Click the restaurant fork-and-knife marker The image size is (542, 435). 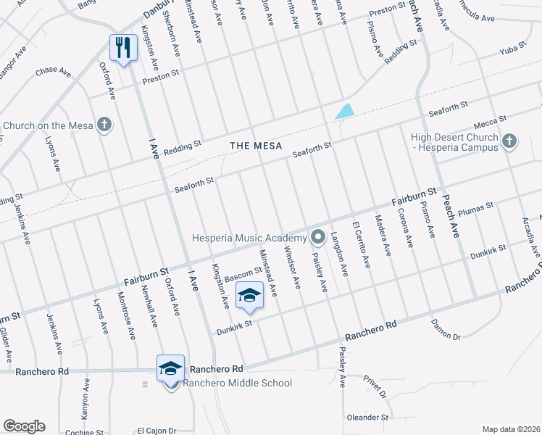tap(122, 49)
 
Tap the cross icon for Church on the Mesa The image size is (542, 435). tap(105, 125)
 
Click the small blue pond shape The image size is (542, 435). tap(345, 112)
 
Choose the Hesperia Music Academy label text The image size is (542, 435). tap(249, 238)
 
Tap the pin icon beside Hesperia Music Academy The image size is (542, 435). tap(317, 237)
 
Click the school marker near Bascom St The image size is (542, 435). tap(249, 297)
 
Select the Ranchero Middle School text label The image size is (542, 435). tap(238, 383)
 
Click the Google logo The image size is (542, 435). tap(24, 426)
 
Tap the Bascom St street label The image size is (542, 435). tap(243, 274)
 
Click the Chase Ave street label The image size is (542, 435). tap(53, 72)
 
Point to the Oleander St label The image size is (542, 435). tap(367, 418)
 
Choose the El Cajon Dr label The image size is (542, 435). tap(157, 430)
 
